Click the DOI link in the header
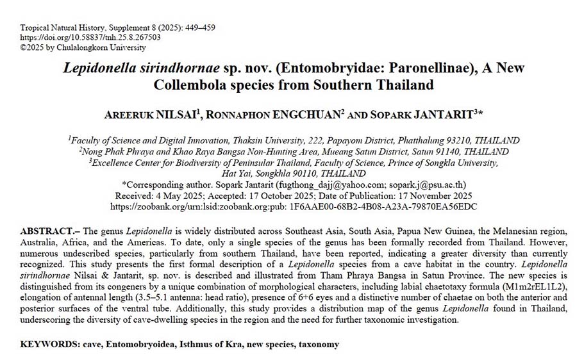point(90,37)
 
